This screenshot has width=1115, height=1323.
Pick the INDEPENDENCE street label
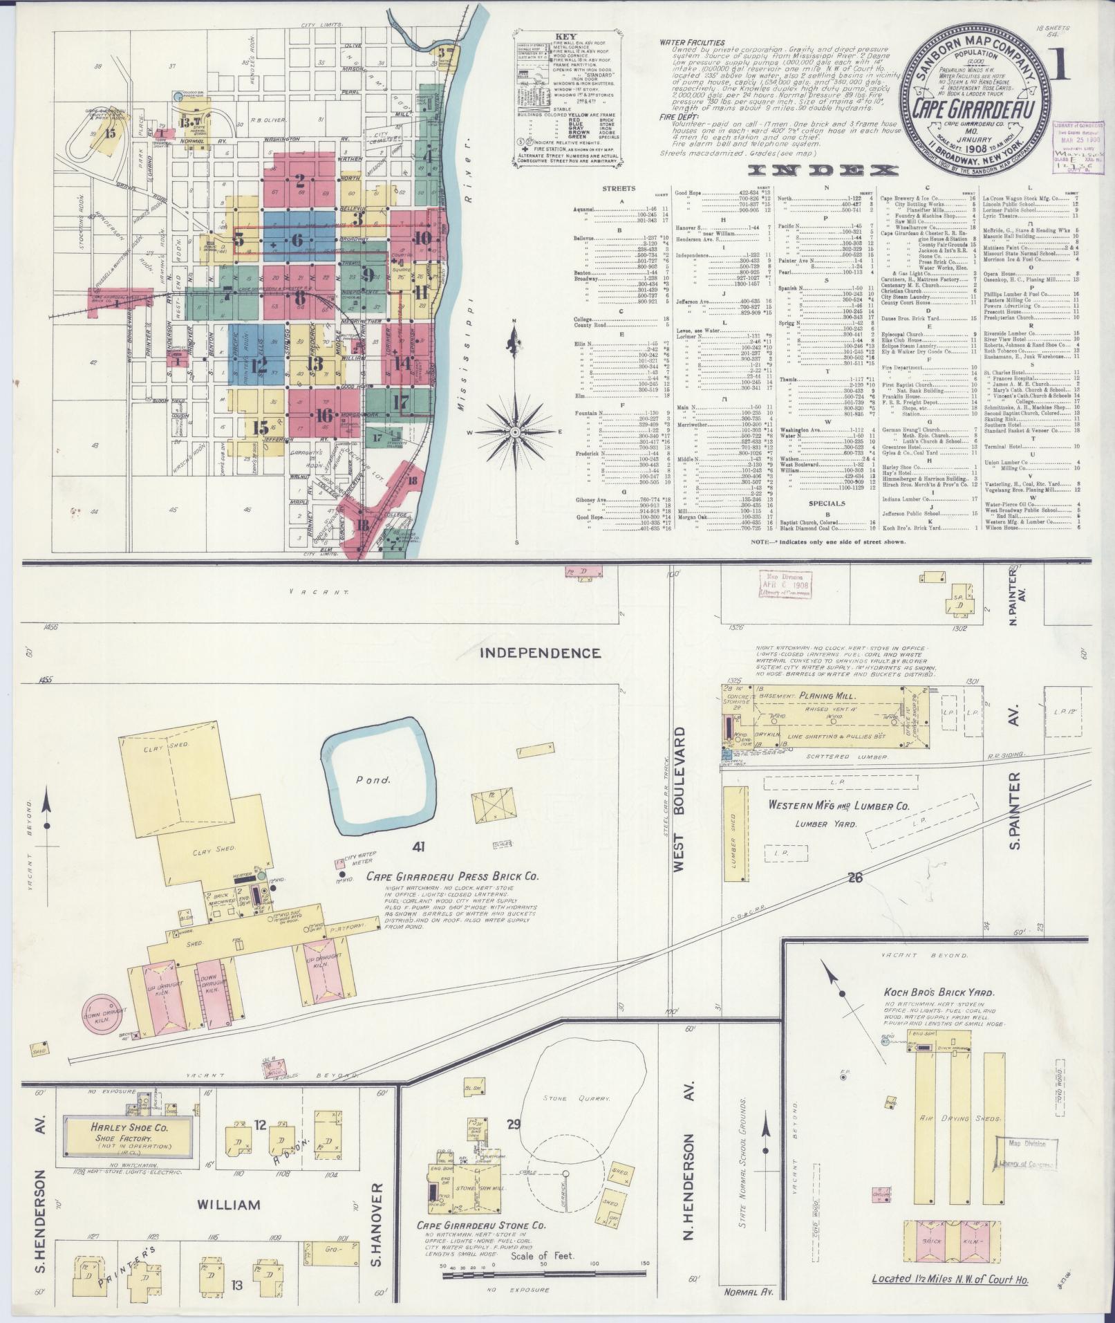541,652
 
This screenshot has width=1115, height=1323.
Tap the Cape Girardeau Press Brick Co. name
452,876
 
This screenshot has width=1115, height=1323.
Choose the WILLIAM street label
229,1205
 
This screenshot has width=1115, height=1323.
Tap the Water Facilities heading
691,42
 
